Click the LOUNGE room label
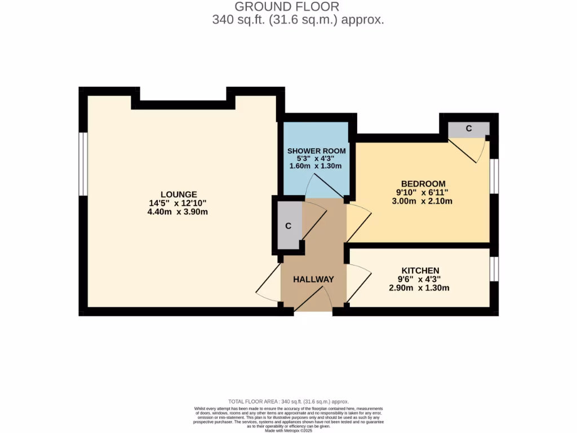[177, 194]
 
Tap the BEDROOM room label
[423, 184]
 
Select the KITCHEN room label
[420, 271]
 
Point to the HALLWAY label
[313, 279]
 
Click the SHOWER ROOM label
[316, 151]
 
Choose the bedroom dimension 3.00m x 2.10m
[423, 201]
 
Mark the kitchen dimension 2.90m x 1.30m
[419, 288]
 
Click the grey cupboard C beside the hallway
[288, 226]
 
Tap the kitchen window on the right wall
[494, 269]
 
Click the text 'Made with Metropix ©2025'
[288, 430]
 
